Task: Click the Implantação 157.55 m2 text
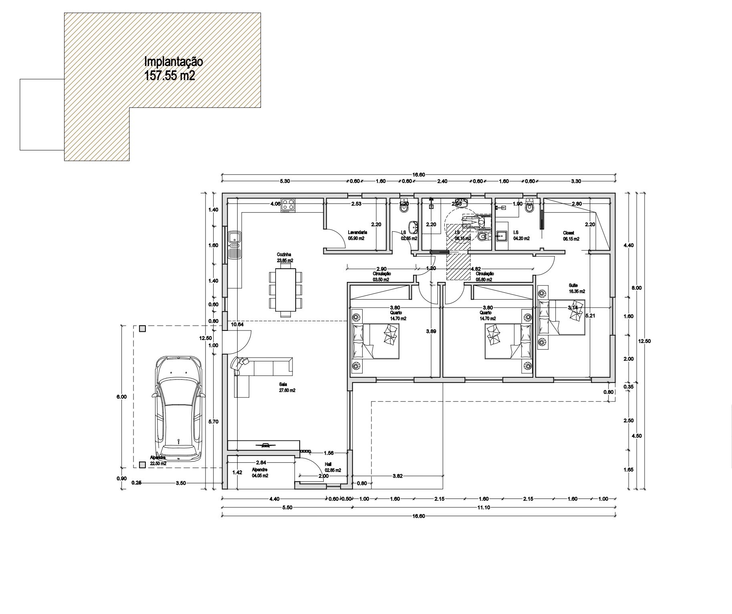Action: point(173,69)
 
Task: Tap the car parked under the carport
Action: point(179,408)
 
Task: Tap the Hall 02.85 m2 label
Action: point(333,467)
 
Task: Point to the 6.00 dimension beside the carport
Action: point(121,397)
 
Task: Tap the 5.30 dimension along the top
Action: point(284,181)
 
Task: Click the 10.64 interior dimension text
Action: point(237,324)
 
